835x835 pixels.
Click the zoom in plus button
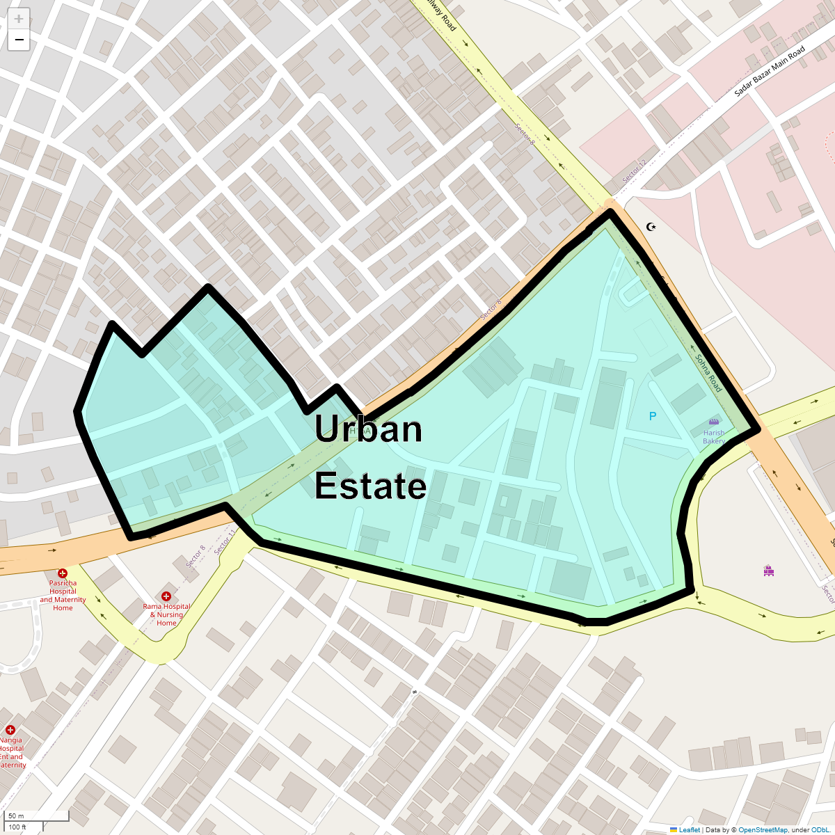click(x=19, y=19)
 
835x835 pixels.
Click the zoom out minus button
click(x=19, y=40)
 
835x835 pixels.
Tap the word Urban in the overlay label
click(x=368, y=429)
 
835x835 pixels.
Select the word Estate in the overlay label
click(x=370, y=485)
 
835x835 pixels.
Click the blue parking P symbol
click(x=653, y=416)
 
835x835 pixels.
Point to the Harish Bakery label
click(x=714, y=437)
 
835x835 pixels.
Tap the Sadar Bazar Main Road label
click(x=770, y=70)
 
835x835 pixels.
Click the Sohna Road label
click(x=709, y=373)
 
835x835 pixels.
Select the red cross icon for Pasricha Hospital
click(x=63, y=573)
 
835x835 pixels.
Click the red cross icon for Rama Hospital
click(x=166, y=596)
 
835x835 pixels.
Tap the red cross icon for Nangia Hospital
click(x=10, y=730)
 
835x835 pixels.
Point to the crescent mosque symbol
click(x=651, y=227)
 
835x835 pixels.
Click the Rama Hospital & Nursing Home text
click(x=167, y=615)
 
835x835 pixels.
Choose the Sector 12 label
click(x=634, y=171)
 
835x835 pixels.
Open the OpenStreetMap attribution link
click(x=763, y=829)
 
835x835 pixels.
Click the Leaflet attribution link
click(x=689, y=829)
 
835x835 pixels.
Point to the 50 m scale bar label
click(x=16, y=816)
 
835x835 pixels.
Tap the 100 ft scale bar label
click(x=17, y=827)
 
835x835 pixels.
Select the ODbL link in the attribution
click(x=820, y=829)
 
